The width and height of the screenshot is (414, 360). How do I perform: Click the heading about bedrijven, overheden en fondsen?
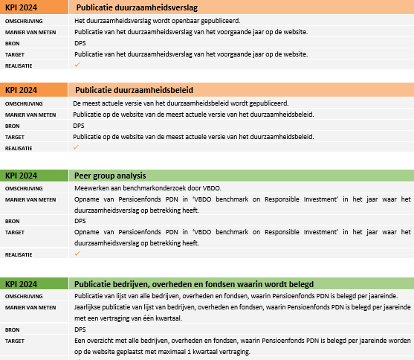pos(193,283)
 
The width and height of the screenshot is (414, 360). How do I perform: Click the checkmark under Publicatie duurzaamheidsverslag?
pos(77,65)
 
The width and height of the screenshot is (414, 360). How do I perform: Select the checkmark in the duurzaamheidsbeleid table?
pos(77,148)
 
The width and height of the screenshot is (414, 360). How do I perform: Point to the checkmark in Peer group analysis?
pos(77,254)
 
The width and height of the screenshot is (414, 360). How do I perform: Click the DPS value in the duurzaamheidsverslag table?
pos(80,44)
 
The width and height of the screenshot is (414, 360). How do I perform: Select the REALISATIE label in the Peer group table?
pos(19,254)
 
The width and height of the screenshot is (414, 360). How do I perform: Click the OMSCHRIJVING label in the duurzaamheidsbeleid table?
pos(24,103)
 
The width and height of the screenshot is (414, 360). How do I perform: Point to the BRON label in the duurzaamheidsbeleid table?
pos(13,126)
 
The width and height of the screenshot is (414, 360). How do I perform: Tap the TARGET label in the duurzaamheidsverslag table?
pos(15,55)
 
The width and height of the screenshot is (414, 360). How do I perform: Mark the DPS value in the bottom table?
pos(80,329)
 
